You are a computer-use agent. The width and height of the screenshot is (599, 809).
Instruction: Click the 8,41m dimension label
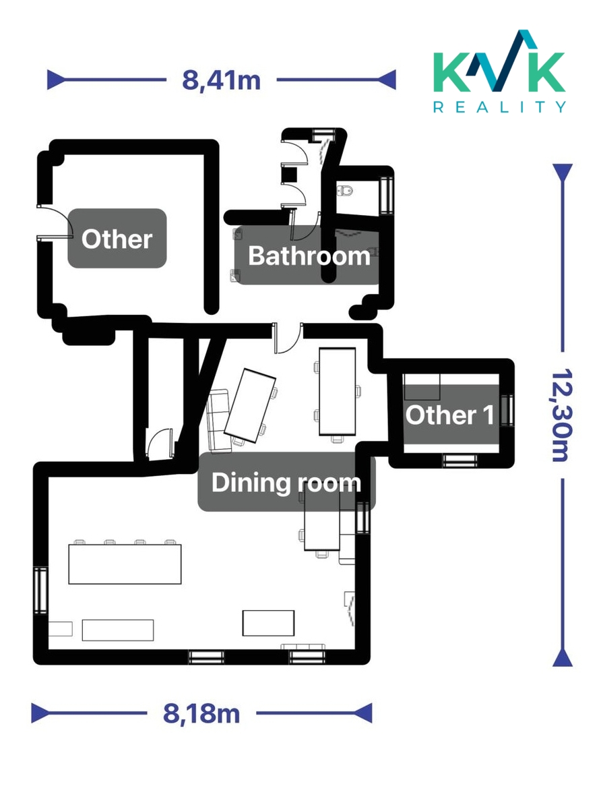221,81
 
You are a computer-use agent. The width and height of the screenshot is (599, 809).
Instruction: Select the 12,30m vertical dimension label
562,415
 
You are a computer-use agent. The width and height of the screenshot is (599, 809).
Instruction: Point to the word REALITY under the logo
499,107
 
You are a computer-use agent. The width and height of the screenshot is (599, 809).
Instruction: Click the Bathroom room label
309,256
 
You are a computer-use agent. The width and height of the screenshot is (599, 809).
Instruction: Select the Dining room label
286,483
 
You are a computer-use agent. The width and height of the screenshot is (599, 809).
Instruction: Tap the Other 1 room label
449,415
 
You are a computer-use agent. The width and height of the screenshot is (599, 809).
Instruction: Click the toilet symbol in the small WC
344,190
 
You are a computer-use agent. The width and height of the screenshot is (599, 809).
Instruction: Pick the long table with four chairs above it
125,564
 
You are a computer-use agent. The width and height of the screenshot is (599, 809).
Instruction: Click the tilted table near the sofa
250,406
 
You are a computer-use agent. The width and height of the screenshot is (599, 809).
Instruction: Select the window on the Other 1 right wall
507,411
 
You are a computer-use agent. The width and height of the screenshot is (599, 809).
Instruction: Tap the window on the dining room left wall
40,590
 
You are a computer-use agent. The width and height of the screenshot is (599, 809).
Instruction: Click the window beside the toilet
387,195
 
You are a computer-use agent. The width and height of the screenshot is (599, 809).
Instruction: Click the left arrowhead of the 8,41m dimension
56,80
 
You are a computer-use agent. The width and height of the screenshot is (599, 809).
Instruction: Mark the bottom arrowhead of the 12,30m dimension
562,657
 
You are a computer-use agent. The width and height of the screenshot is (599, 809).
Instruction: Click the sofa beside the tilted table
218,421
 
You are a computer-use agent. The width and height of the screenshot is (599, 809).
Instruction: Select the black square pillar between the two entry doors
289,175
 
